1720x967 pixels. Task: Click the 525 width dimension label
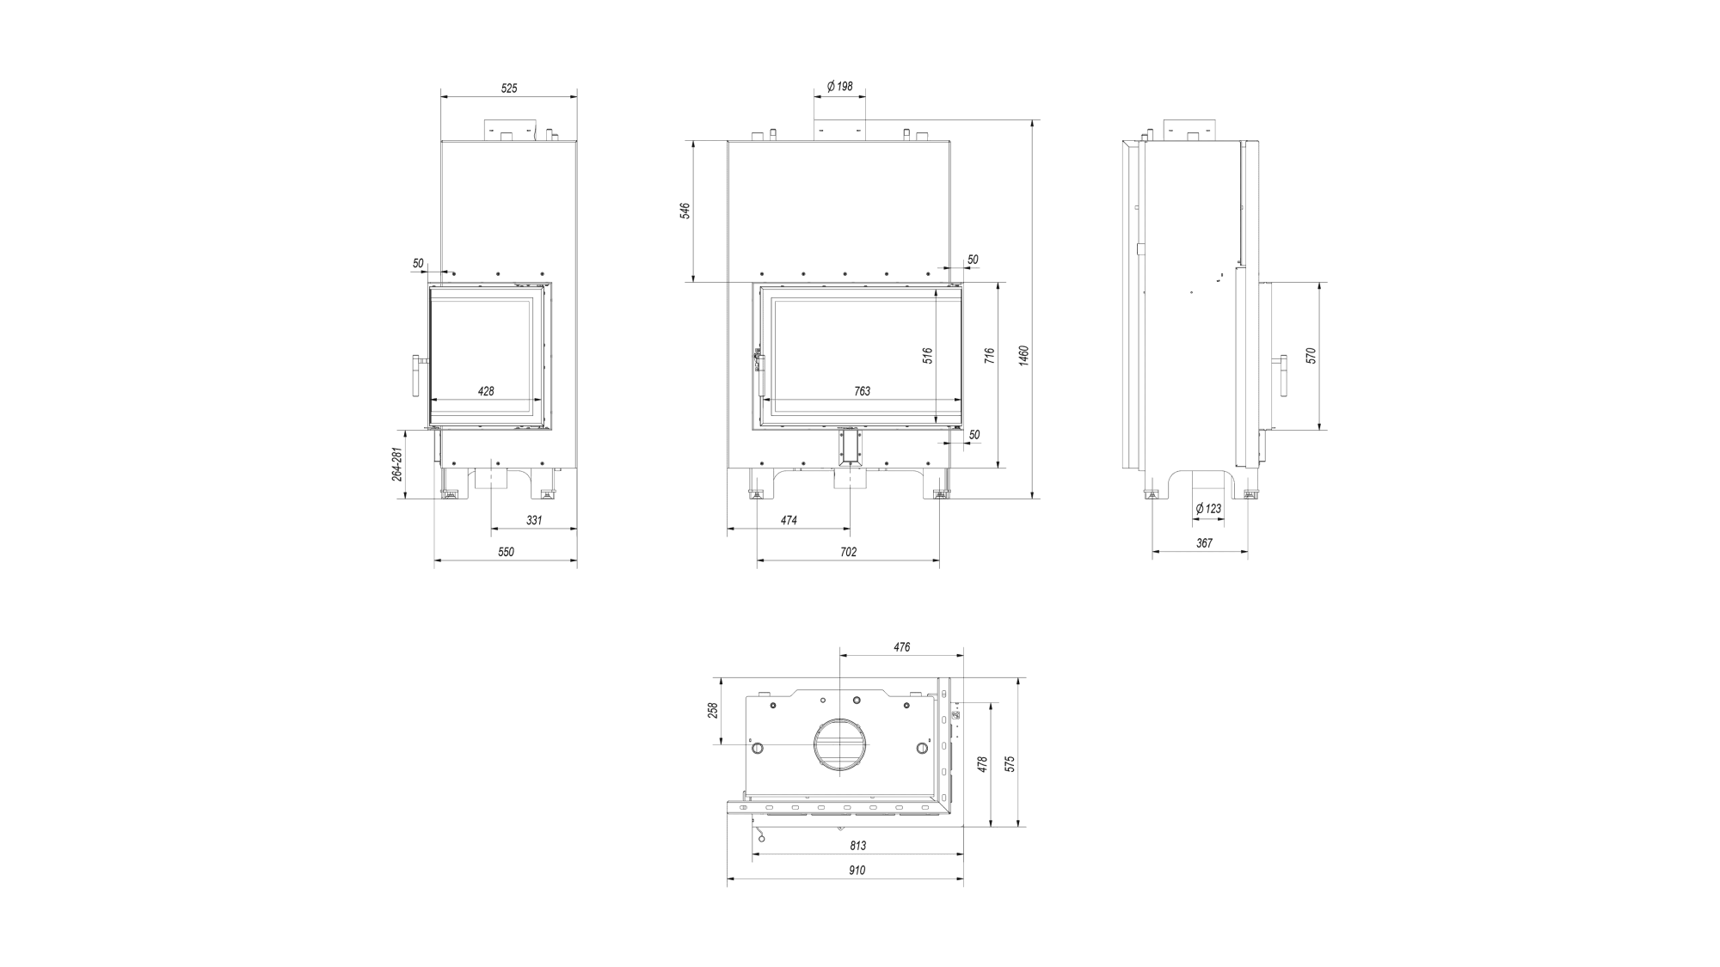[509, 89]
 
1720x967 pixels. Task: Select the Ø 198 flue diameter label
[839, 87]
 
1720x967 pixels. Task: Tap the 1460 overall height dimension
[1023, 355]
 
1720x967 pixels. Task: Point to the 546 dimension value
[685, 211]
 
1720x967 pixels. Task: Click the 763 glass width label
[862, 391]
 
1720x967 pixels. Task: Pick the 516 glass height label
[928, 356]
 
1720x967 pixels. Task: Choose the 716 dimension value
[990, 356]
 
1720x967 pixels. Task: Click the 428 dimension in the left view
[486, 391]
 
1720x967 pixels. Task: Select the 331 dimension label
[534, 520]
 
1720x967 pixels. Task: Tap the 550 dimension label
[506, 552]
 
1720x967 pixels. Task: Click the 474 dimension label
[789, 520]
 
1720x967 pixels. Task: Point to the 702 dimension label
[848, 552]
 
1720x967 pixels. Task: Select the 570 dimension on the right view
[1311, 356]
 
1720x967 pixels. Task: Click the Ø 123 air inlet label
[1207, 509]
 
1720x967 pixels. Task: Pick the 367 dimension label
[1204, 543]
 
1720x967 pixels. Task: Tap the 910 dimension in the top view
[856, 870]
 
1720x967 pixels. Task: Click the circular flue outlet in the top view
[839, 718]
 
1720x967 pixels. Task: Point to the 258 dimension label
[712, 711]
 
